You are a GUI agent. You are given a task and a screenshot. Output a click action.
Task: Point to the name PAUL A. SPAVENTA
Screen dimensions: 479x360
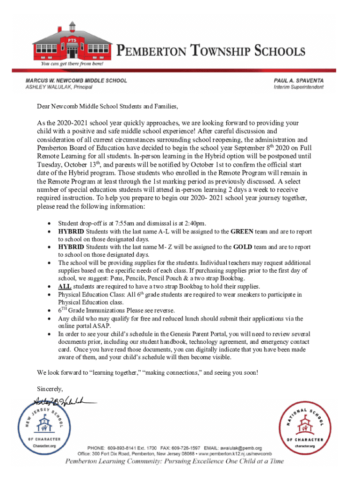[298, 80]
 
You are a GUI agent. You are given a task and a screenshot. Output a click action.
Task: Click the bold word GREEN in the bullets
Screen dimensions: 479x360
[242, 232]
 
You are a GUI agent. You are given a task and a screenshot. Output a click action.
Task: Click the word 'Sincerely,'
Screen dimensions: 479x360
[50, 389]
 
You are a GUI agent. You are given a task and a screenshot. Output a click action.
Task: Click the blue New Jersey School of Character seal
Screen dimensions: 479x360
[45, 428]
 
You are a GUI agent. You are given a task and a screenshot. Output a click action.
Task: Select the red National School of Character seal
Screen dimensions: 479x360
[306, 428]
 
